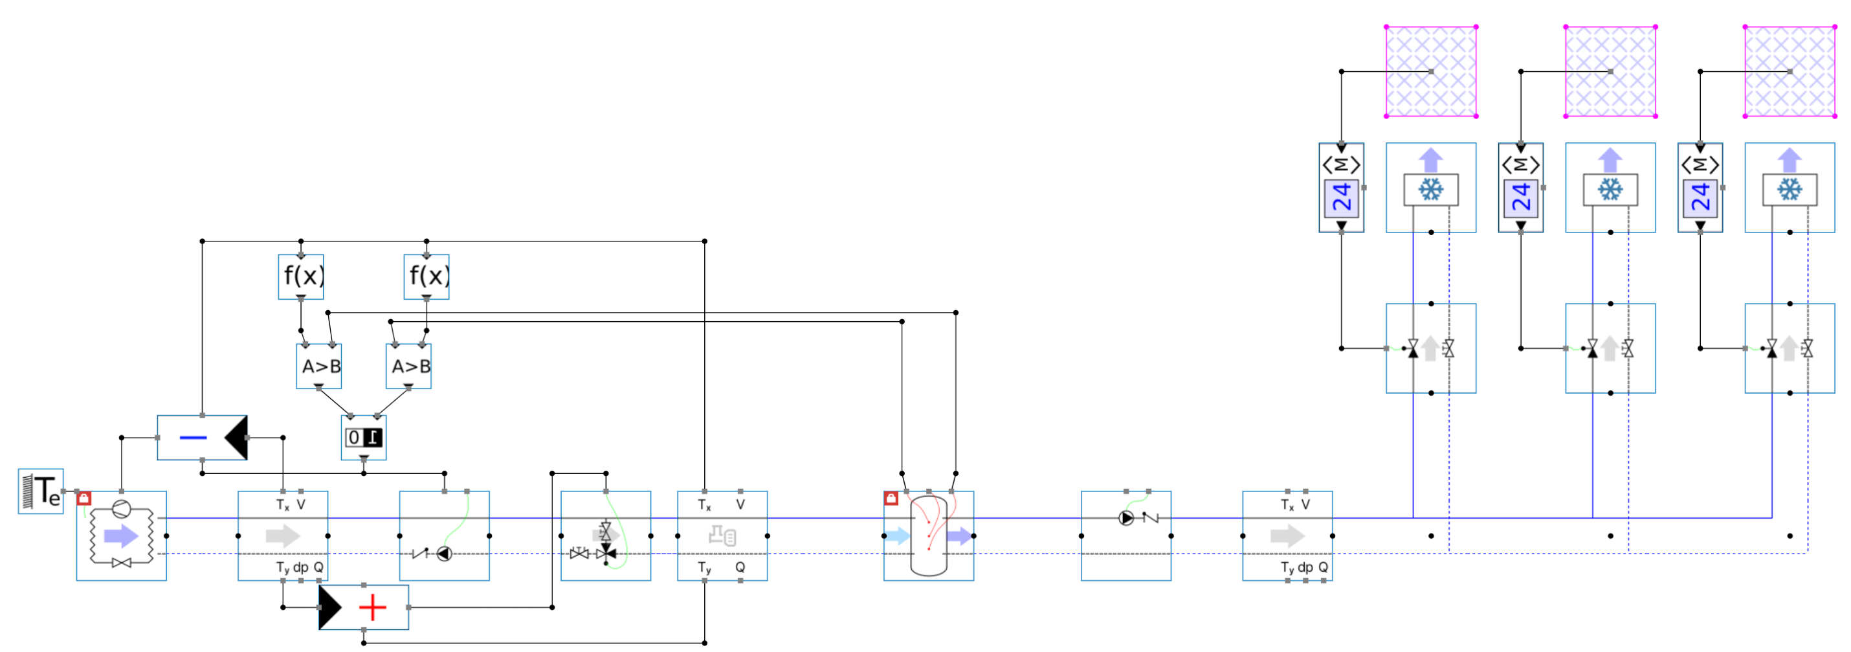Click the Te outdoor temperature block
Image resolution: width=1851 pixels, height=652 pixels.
(x=41, y=491)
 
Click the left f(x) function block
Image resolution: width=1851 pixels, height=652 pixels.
(x=300, y=276)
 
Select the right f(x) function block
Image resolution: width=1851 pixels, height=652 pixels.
(x=426, y=276)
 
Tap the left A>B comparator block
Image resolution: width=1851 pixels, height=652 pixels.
(x=319, y=366)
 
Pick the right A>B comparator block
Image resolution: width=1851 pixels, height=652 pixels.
(x=409, y=366)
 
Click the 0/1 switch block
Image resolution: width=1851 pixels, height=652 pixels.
(x=364, y=438)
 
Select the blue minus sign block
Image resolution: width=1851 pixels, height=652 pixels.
(x=194, y=438)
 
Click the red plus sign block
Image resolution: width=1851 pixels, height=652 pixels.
(x=372, y=607)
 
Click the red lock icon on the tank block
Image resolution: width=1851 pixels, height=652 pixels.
(x=891, y=498)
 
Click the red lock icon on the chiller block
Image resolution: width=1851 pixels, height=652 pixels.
(x=83, y=498)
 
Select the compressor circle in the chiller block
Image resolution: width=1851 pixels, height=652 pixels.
(x=121, y=509)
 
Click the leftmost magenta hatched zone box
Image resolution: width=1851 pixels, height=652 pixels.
(x=1431, y=71)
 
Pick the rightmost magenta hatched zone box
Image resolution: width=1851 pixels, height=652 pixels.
(x=1790, y=71)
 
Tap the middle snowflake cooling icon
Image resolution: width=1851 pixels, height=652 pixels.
(x=1610, y=190)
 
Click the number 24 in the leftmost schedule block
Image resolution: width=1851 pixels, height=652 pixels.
(x=1341, y=197)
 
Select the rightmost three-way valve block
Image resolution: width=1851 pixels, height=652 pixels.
(x=1790, y=348)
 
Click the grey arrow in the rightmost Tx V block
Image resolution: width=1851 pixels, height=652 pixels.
(x=1287, y=536)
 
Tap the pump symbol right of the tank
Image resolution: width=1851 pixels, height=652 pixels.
(x=1126, y=517)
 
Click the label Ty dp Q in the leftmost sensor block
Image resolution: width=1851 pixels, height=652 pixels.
(x=300, y=567)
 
